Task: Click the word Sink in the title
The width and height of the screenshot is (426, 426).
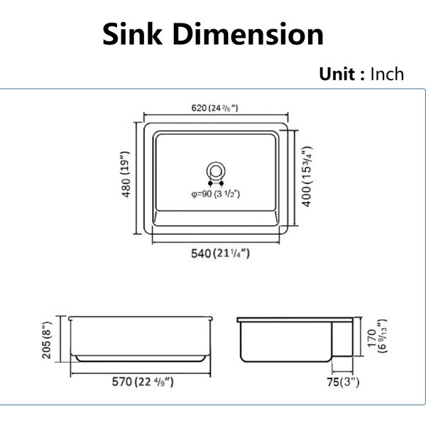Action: click(x=132, y=34)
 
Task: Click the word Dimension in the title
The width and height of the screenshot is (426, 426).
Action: click(x=248, y=34)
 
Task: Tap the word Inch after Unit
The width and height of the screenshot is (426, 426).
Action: click(x=387, y=74)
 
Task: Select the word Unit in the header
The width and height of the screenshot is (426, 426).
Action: click(x=337, y=74)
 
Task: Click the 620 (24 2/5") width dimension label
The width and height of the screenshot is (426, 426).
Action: click(x=214, y=108)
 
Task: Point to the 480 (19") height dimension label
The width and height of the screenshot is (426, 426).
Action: click(x=126, y=174)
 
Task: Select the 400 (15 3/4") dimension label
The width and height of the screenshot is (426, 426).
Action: click(x=307, y=177)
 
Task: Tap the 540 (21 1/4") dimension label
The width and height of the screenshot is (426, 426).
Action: click(x=220, y=253)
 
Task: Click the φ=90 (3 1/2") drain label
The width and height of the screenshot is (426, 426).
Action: click(x=216, y=194)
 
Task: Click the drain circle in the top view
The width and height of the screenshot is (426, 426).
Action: click(x=216, y=163)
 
